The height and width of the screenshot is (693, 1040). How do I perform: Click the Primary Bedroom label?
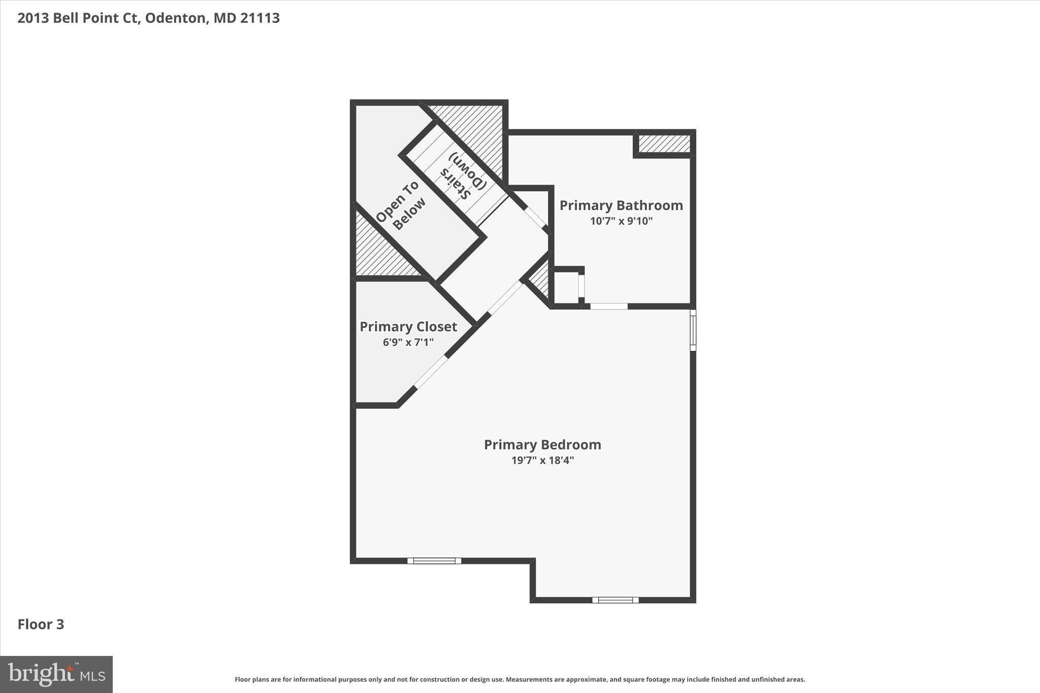click(x=542, y=445)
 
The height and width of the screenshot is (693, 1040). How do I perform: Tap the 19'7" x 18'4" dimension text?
click(x=542, y=460)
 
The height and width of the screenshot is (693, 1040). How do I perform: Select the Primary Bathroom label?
click(x=621, y=206)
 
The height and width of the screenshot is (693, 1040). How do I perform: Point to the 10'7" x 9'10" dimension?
click(x=621, y=221)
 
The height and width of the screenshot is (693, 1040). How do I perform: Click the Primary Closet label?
click(x=408, y=327)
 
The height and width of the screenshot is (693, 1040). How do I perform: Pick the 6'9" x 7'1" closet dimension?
click(x=408, y=342)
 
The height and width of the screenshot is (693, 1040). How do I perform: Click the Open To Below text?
click(x=401, y=206)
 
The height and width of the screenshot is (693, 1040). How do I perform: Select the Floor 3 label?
click(x=41, y=624)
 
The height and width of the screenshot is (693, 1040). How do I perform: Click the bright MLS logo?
click(x=56, y=674)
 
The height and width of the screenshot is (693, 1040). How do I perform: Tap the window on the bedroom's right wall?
click(x=693, y=330)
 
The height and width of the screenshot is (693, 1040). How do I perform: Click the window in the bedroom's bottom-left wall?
click(x=434, y=560)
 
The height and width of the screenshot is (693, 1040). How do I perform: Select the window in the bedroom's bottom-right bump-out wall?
click(x=615, y=600)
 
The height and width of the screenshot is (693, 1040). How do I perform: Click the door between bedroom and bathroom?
click(x=608, y=306)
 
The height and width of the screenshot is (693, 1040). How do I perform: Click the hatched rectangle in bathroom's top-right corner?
click(x=664, y=144)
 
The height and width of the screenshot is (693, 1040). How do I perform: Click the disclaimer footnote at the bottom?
click(x=519, y=679)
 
